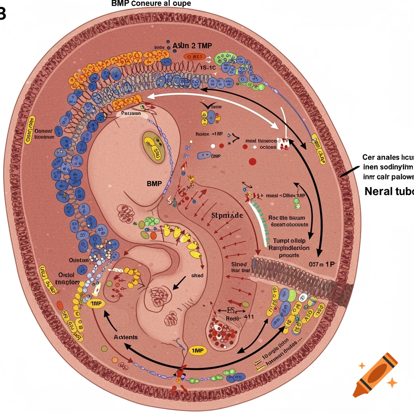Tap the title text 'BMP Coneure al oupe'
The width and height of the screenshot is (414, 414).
pyautogui.click(x=150, y=4)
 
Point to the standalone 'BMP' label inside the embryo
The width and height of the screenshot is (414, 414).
pyautogui.click(x=154, y=183)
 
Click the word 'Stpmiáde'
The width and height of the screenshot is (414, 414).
pyautogui.click(x=227, y=215)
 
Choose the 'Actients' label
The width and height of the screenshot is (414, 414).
pyautogui.click(x=125, y=337)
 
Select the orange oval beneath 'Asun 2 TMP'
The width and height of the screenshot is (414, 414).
pyautogui.click(x=194, y=57)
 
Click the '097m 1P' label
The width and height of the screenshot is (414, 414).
pyautogui.click(x=322, y=264)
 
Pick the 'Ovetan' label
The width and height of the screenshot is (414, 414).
pyautogui.click(x=78, y=260)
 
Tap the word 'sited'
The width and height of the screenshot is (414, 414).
pyautogui.click(x=197, y=275)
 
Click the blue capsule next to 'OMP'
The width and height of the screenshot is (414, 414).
pyautogui.click(x=204, y=155)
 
